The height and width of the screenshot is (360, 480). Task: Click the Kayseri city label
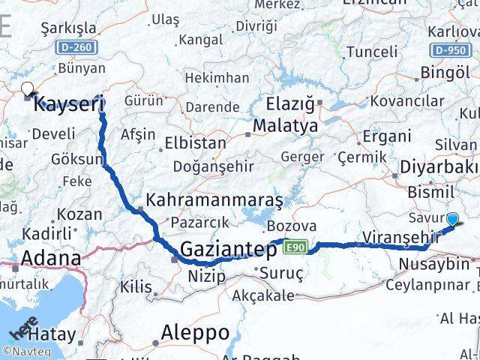coord(69,103)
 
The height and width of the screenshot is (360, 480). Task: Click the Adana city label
coord(51,259)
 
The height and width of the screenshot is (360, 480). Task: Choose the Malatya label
coord(285,126)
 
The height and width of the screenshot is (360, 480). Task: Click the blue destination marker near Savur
coord(453,219)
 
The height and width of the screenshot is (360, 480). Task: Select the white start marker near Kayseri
coord(28,88)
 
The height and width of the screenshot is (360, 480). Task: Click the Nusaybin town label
coord(433,264)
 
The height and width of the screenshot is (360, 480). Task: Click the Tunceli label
coord(371,52)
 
